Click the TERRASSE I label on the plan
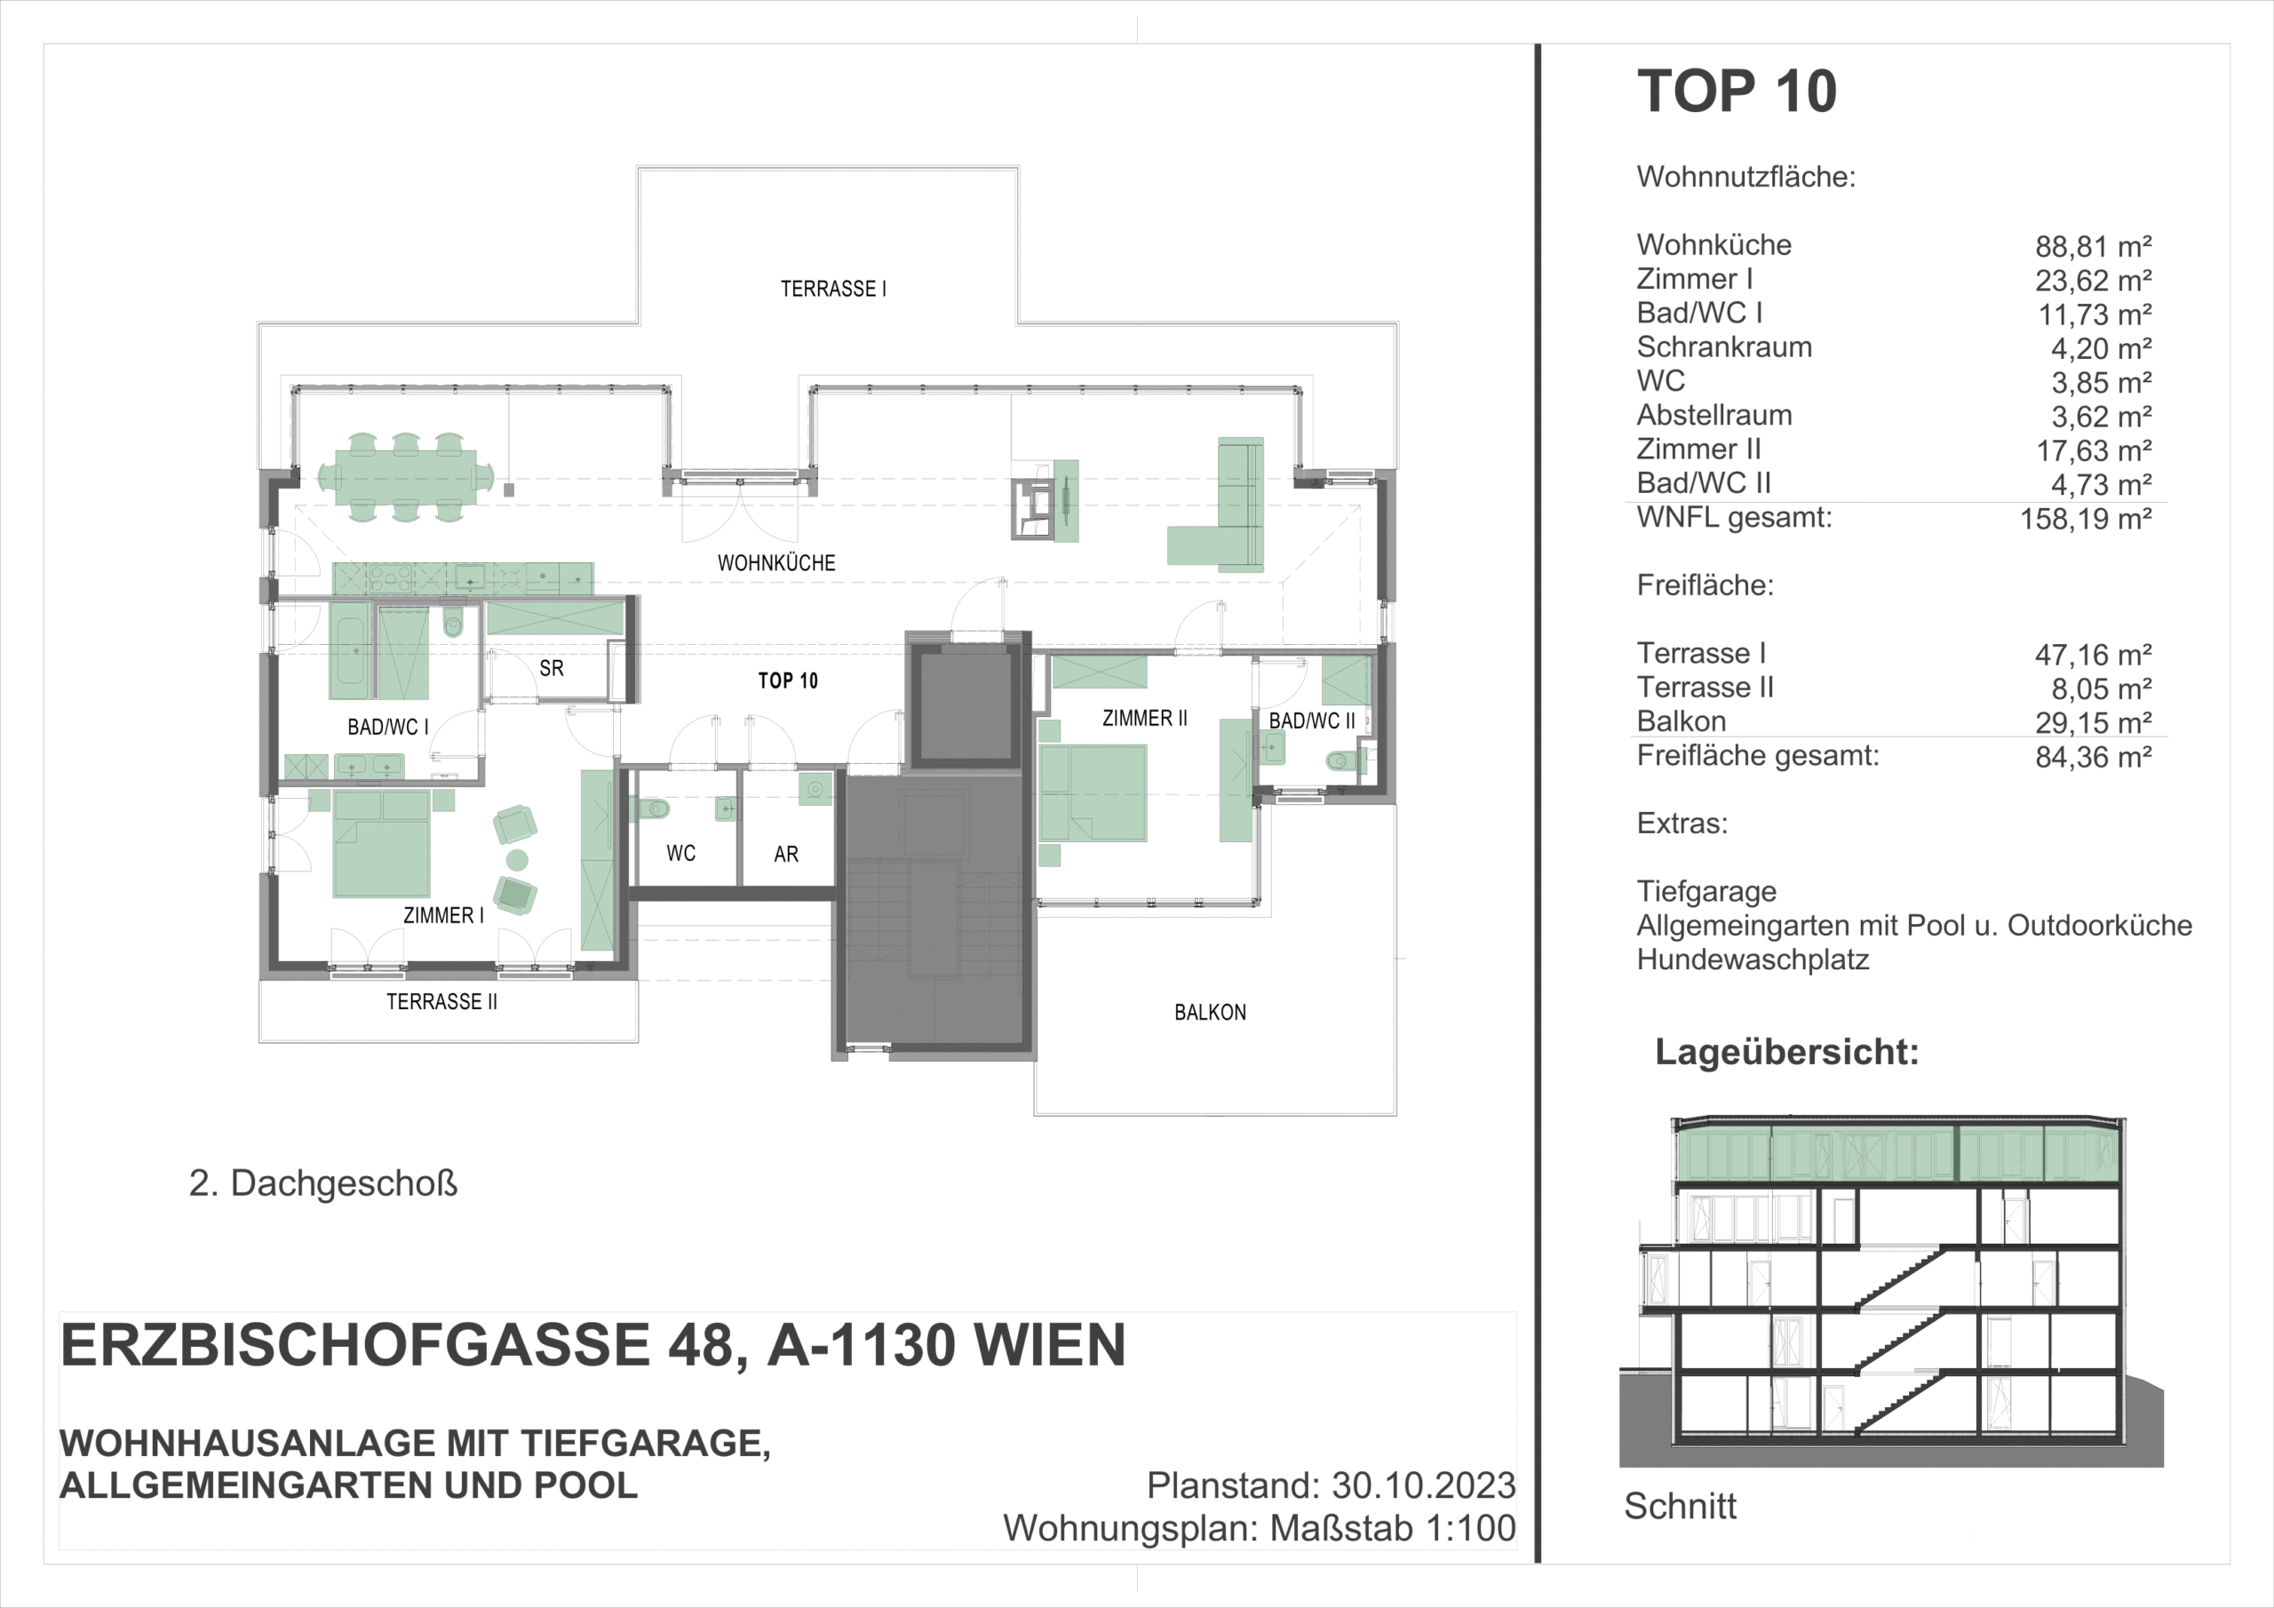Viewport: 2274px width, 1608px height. [833, 290]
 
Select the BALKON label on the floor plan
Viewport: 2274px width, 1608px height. [1211, 1013]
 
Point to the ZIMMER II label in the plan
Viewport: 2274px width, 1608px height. [1145, 719]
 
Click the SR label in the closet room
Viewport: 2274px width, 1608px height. [552, 669]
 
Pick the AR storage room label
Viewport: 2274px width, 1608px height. [786, 854]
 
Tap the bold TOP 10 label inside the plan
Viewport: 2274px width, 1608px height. [789, 681]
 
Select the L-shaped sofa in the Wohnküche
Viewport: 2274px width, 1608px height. [1216, 505]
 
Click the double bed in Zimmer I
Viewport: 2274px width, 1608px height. [381, 843]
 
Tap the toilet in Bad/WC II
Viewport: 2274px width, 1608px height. [1342, 760]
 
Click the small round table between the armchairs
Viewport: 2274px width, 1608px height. [517, 859]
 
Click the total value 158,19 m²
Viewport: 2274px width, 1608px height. [2086, 519]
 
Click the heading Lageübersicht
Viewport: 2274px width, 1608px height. [1786, 1052]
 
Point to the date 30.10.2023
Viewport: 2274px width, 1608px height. [1423, 1486]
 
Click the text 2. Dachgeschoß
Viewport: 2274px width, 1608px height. [322, 1184]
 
